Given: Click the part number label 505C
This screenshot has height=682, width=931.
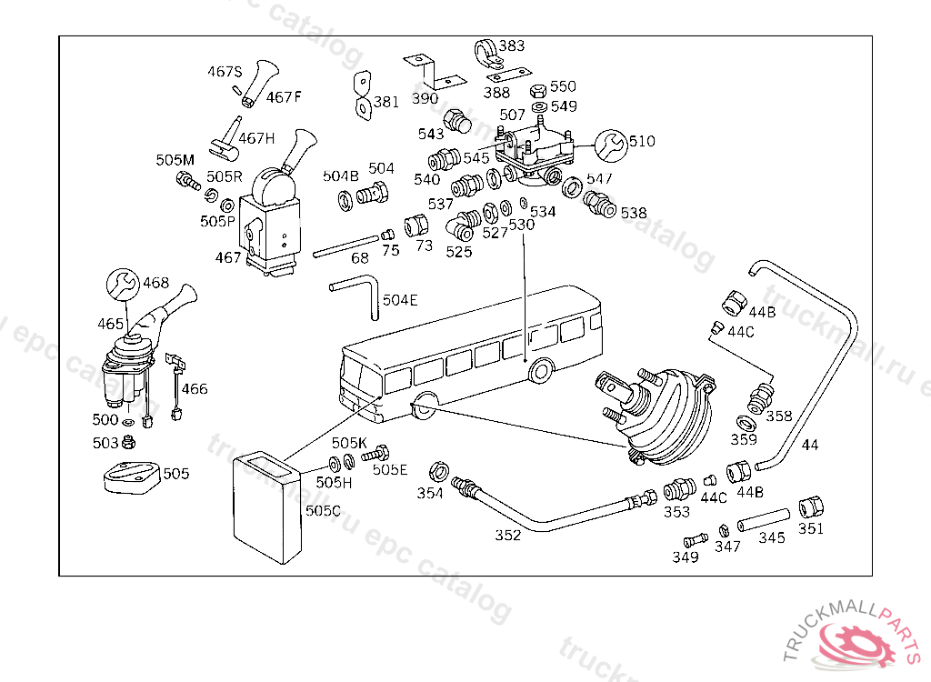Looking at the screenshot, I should [323, 511].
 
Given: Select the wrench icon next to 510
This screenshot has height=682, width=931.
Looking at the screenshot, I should [611, 144].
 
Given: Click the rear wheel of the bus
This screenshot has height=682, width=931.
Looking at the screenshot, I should [540, 370].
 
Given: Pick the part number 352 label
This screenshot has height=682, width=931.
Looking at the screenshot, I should [507, 535].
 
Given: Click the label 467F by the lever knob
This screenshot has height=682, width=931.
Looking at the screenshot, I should [284, 96].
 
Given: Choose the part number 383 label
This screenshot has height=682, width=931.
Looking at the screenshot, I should [512, 45].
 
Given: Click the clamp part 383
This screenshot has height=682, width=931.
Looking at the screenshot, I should [486, 54].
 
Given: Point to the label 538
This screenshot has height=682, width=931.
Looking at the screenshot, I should [634, 213].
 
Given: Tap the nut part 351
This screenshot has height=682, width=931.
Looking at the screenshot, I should [810, 507].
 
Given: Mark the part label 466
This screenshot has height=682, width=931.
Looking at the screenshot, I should [194, 389].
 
